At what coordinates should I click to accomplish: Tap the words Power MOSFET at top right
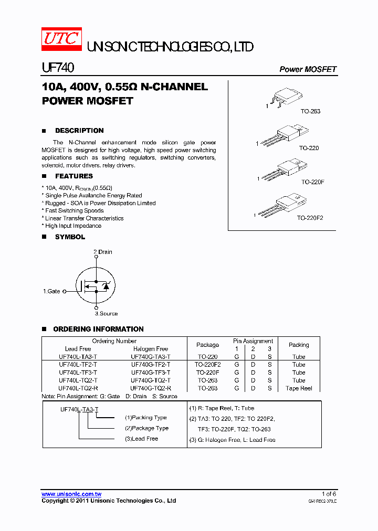tap(308, 69)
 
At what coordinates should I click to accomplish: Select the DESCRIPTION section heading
tap(79, 131)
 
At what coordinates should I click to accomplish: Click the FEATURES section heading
tap(74, 176)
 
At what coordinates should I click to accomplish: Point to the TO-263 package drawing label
tap(310, 111)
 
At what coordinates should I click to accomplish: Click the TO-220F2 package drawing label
tap(310, 217)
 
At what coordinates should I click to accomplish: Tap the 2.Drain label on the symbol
tap(103, 252)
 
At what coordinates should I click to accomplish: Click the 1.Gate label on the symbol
tap(51, 291)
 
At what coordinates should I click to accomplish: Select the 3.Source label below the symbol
tap(106, 314)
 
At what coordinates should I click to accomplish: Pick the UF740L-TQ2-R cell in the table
tap(78, 388)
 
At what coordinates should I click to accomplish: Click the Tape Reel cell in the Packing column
tap(299, 388)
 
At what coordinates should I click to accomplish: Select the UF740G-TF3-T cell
tap(151, 373)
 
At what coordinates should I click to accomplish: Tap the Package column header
tap(207, 345)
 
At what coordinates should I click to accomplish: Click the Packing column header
tap(299, 345)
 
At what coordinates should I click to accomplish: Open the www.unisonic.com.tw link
tap(71, 494)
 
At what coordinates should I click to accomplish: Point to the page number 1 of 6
tap(329, 494)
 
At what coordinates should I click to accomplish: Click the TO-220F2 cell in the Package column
tap(207, 365)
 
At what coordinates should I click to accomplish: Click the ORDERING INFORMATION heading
tap(98, 330)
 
